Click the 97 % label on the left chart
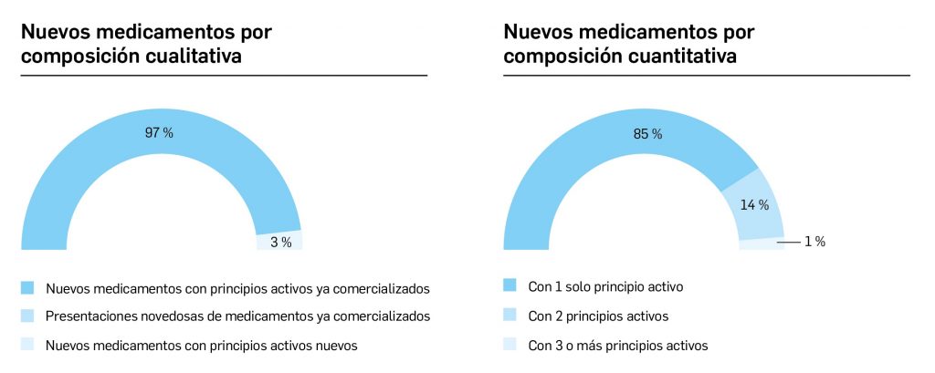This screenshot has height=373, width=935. point(159,133)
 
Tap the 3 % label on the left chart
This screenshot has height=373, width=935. point(280,242)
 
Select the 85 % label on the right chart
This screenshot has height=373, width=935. point(647,134)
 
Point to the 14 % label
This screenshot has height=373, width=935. point(753,205)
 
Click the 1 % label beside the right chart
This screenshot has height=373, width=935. point(814,242)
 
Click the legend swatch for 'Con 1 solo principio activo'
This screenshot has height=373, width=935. point(510,286)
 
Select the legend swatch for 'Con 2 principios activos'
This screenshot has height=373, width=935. point(510,316)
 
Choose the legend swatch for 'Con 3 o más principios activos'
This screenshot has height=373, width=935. point(510,346)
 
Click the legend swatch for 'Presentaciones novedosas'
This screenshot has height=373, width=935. point(27,316)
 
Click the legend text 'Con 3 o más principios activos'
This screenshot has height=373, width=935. point(618,346)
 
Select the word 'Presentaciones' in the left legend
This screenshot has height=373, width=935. point(88,316)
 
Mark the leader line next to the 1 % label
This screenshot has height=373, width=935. point(787,242)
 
